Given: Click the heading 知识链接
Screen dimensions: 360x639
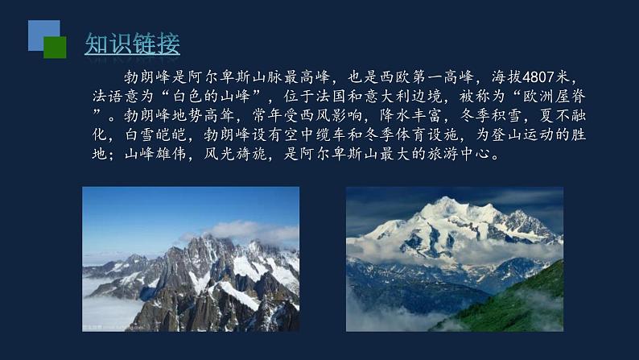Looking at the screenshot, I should click(132, 43).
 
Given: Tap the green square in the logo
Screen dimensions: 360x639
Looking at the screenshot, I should click(55, 48).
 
